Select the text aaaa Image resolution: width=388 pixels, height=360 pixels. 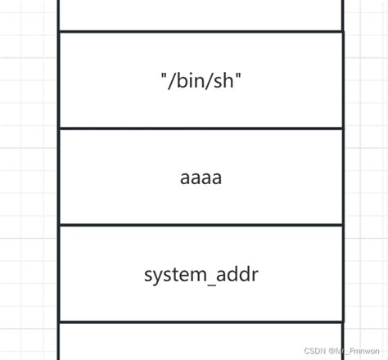point(201,178)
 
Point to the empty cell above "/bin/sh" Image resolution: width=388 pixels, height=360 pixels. point(201,14)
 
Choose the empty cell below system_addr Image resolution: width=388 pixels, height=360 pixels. point(201,342)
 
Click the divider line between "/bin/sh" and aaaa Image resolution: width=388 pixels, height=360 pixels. point(201,128)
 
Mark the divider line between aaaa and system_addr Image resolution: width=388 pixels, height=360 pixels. point(201,225)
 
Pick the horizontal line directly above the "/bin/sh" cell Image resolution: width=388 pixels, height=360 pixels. point(201,31)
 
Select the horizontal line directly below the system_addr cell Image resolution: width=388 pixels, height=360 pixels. point(201,322)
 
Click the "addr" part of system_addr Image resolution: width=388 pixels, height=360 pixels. point(237,274)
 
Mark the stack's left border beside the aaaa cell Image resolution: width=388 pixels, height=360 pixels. point(60,178)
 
